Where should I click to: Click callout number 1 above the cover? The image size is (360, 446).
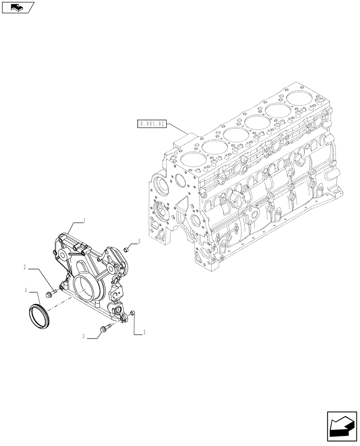tap(84, 220)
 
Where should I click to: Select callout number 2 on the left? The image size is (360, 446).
tap(25, 268)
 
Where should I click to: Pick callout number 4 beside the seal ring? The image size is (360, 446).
tap(26, 290)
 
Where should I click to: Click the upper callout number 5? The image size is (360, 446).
tap(139, 241)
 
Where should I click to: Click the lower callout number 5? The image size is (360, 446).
tap(144, 332)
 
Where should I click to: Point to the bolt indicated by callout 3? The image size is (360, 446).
tap(106, 329)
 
